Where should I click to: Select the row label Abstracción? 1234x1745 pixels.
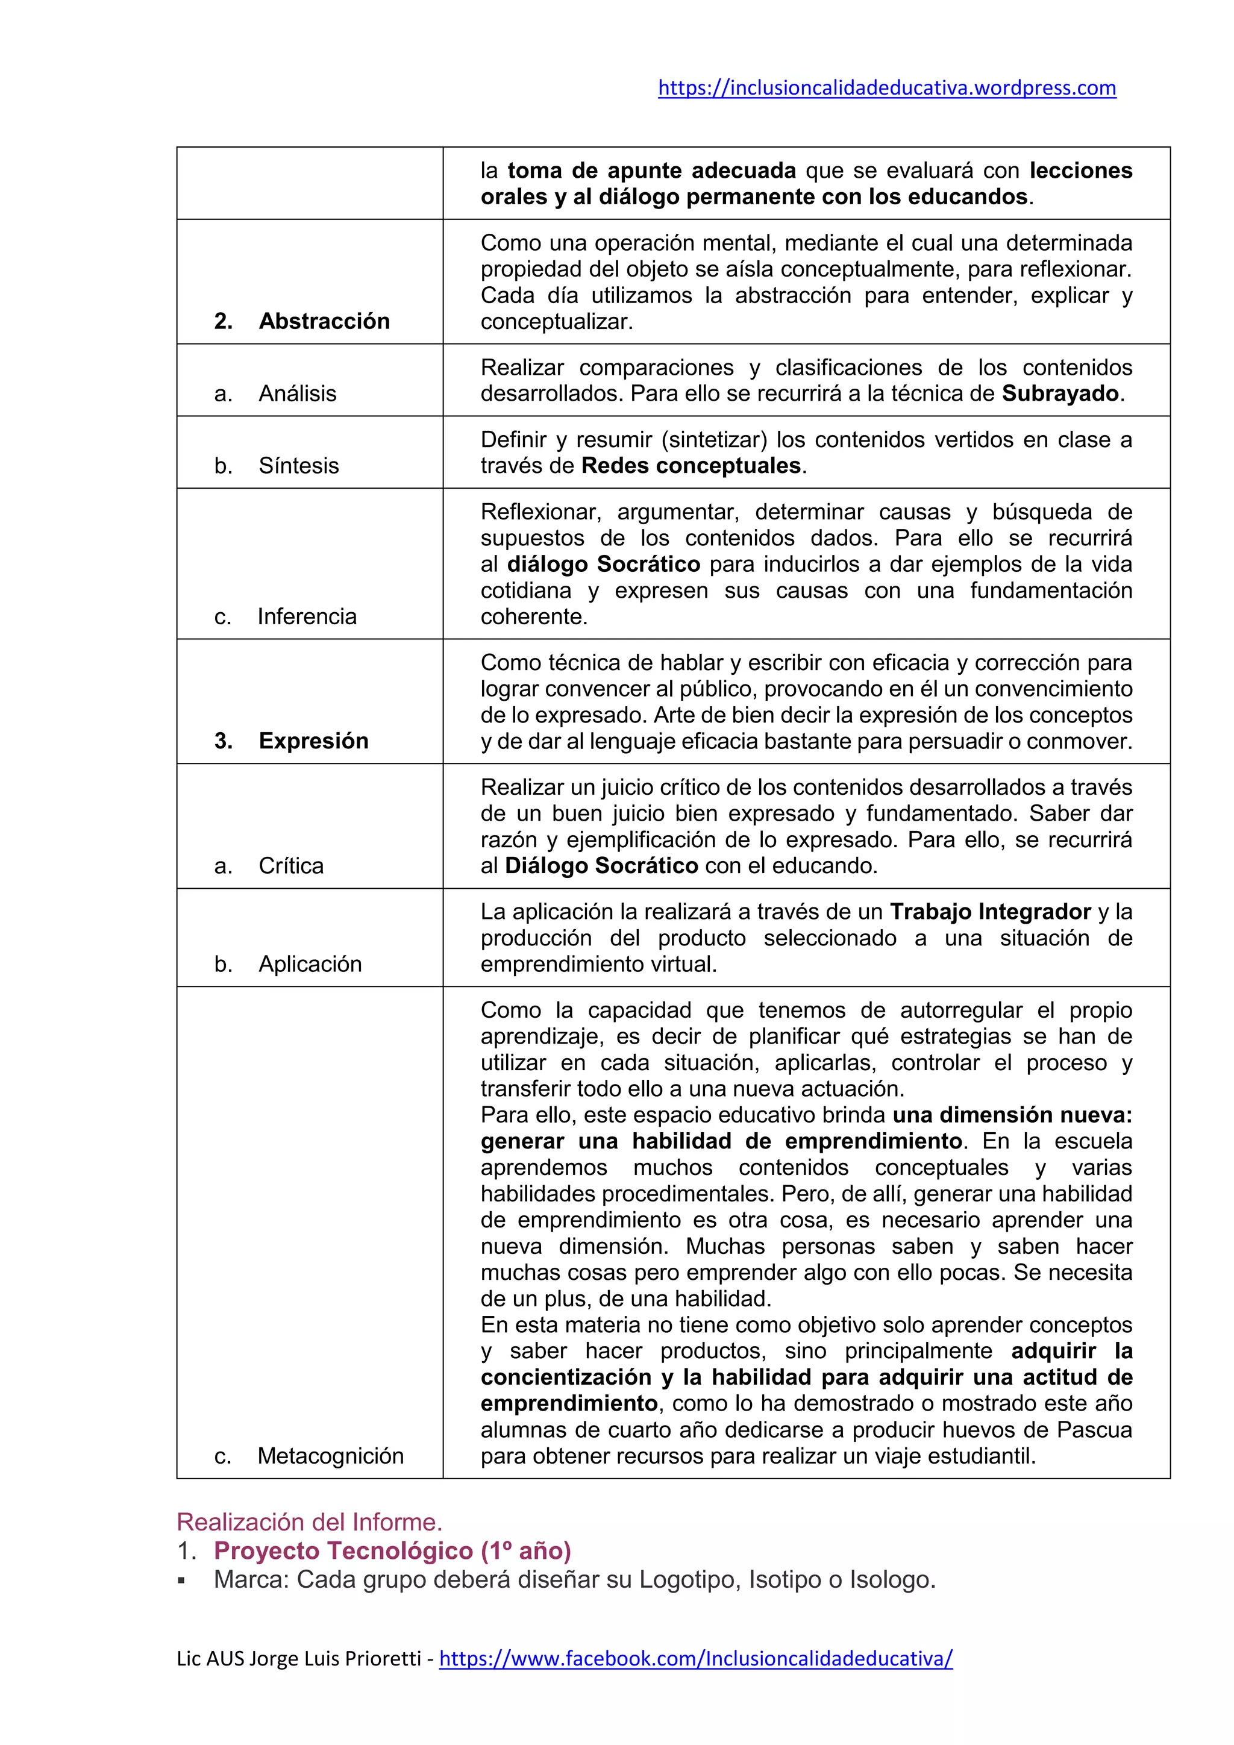point(324,321)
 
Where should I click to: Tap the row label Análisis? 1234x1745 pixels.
point(297,393)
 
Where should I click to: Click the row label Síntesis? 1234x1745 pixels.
point(299,465)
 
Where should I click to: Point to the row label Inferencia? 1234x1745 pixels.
point(307,616)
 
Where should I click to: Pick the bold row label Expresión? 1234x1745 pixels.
point(313,741)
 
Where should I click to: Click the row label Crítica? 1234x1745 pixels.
point(291,865)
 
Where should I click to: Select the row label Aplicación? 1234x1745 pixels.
point(310,963)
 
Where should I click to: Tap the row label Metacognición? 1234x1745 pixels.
point(331,1455)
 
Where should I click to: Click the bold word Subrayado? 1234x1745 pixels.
point(1060,393)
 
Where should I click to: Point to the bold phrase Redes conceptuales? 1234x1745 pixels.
point(691,465)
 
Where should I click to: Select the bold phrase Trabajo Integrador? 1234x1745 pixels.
point(990,911)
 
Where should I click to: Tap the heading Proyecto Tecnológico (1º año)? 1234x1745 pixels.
point(392,1550)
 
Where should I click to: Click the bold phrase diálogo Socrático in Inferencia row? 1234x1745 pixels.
point(603,564)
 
